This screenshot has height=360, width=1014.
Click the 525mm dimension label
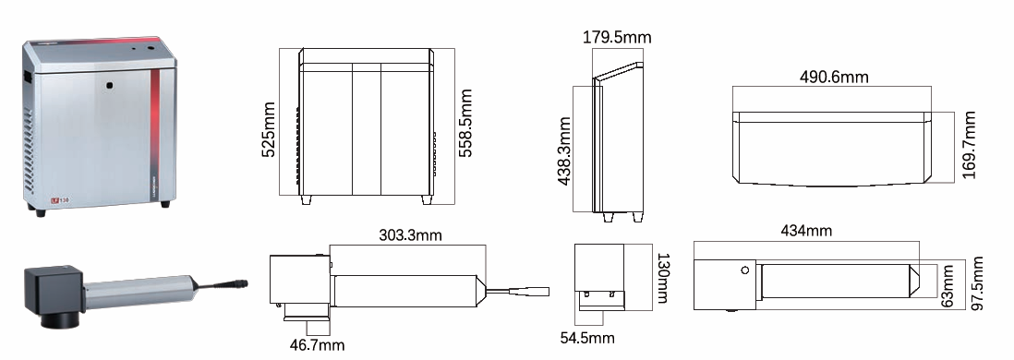pos(269,128)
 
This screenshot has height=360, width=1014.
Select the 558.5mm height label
pos(465,123)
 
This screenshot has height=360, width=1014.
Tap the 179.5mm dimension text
pos(617,37)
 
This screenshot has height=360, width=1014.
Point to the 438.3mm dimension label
pos(564,150)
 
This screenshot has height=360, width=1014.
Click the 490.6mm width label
pos(834,77)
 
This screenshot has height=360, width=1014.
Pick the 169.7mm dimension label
pos(969,146)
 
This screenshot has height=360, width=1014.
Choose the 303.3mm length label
pos(411,234)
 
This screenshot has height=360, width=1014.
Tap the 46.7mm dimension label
pos(317,345)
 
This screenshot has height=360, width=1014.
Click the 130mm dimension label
pos(664,278)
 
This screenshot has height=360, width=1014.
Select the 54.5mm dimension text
pos(587,337)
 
